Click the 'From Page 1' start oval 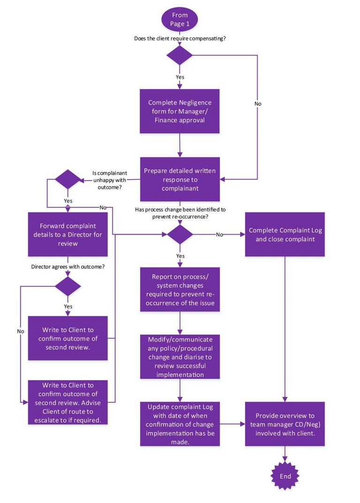(x=180, y=19)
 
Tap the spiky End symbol (x=285, y=476)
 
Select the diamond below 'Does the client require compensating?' (x=180, y=55)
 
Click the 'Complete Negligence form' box (x=180, y=111)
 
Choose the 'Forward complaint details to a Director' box (x=68, y=234)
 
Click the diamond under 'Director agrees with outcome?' (x=68, y=286)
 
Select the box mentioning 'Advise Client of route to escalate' (x=68, y=402)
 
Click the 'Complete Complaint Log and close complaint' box (x=285, y=234)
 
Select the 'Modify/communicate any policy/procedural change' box (x=180, y=356)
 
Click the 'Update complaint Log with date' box (x=180, y=424)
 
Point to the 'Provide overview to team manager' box (x=285, y=424)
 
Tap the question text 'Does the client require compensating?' (x=180, y=38)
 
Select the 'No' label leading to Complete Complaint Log (x=219, y=234)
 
